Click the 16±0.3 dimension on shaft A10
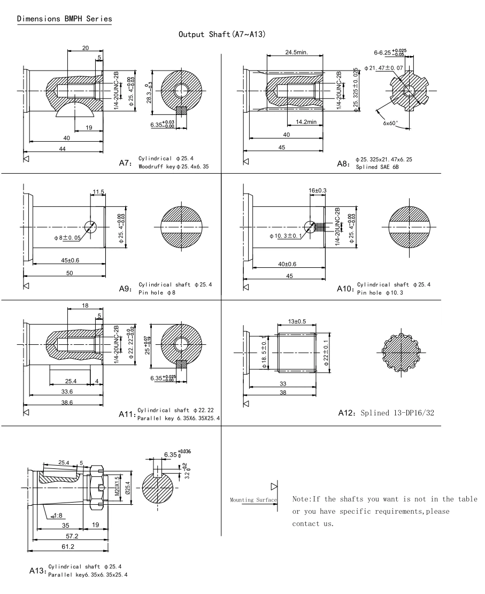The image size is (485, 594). (318, 190)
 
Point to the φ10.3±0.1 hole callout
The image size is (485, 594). (287, 235)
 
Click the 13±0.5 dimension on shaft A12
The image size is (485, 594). (297, 321)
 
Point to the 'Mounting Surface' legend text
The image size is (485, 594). (253, 500)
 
